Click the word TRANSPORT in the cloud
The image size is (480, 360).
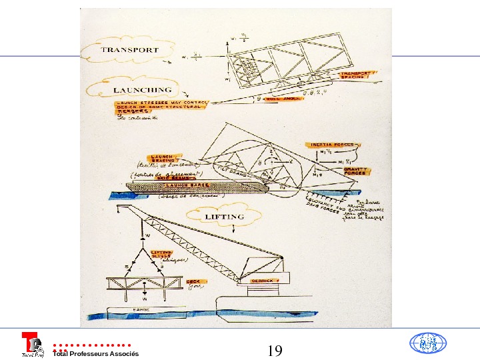point(130,50)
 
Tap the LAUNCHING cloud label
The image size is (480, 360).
point(142,89)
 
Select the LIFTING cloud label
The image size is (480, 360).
point(224,217)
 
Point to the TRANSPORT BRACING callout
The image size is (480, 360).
point(353,75)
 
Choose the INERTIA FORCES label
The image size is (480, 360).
point(331,144)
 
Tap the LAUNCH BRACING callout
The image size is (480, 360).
point(163,157)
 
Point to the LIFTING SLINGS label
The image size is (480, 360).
point(163,253)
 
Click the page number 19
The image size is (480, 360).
point(275,350)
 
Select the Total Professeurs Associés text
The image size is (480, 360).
point(95,353)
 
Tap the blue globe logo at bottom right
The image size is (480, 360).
point(427,343)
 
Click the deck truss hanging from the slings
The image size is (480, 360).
point(144,283)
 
